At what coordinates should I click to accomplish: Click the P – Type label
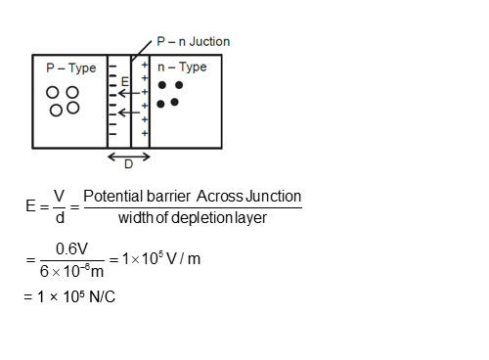71,68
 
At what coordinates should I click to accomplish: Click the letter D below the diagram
128,164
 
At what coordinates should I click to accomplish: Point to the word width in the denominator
134,217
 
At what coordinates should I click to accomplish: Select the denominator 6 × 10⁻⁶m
72,271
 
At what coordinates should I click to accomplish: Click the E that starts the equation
31,207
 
